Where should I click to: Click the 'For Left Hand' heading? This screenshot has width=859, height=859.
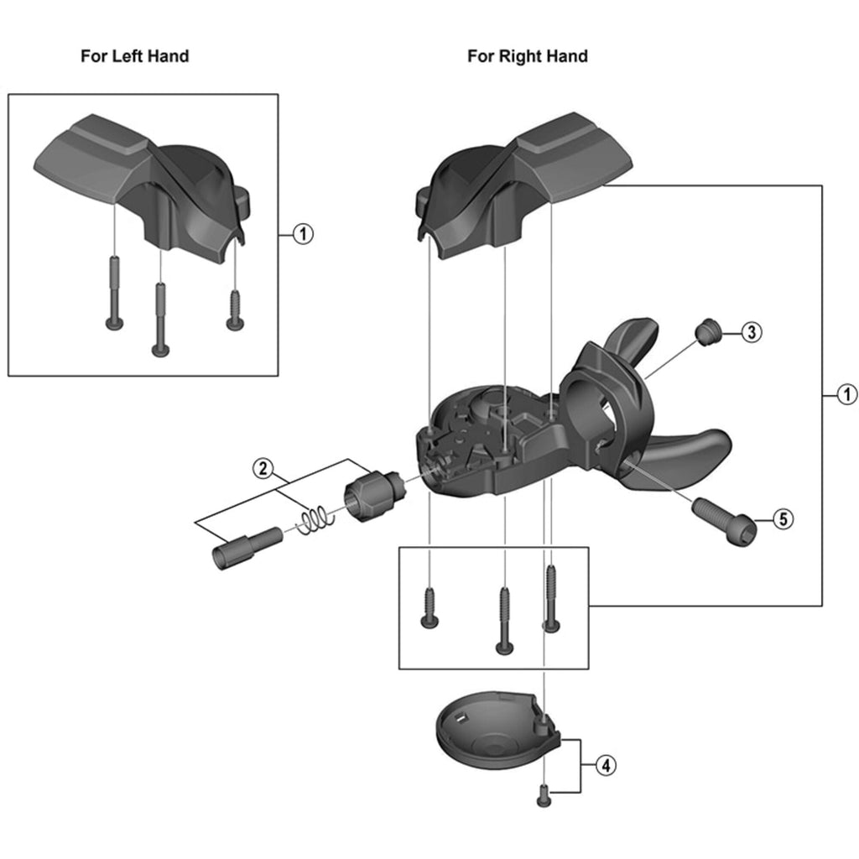[134, 56]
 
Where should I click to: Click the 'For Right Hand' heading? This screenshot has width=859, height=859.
[527, 56]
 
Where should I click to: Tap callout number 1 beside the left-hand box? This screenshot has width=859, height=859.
[303, 234]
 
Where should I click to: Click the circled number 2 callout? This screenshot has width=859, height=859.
[263, 467]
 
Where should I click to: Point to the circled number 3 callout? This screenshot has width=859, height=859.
[751, 332]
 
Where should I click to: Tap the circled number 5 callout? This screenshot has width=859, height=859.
[781, 519]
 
